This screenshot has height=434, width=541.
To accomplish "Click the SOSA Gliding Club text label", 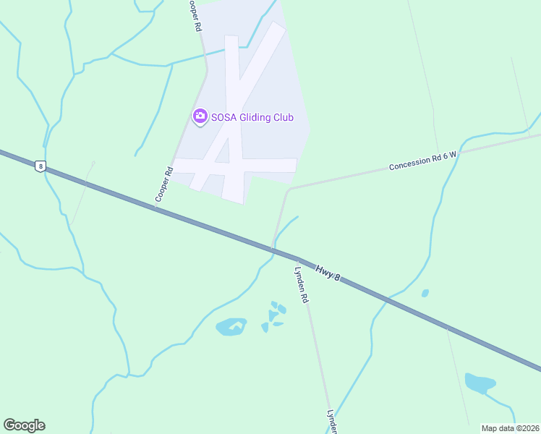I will point(252,116).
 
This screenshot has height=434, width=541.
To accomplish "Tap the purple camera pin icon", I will point(200,116).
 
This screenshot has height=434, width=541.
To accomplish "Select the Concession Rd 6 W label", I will point(423,161).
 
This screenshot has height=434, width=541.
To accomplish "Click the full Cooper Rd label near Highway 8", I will point(163,184).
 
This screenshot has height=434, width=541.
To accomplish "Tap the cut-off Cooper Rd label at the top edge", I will point(193,14).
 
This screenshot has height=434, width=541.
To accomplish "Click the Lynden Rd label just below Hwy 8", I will point(302,284).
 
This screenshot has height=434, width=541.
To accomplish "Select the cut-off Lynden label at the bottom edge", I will point(332,422).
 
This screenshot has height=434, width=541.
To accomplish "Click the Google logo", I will point(24,425).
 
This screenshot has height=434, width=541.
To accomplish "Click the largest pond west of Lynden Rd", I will point(231,327).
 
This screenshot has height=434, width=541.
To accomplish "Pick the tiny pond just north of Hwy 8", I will point(425,293).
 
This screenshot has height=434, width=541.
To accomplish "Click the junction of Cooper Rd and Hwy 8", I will point(156,208).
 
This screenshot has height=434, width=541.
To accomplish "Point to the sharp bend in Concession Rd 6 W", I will point(289,190).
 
